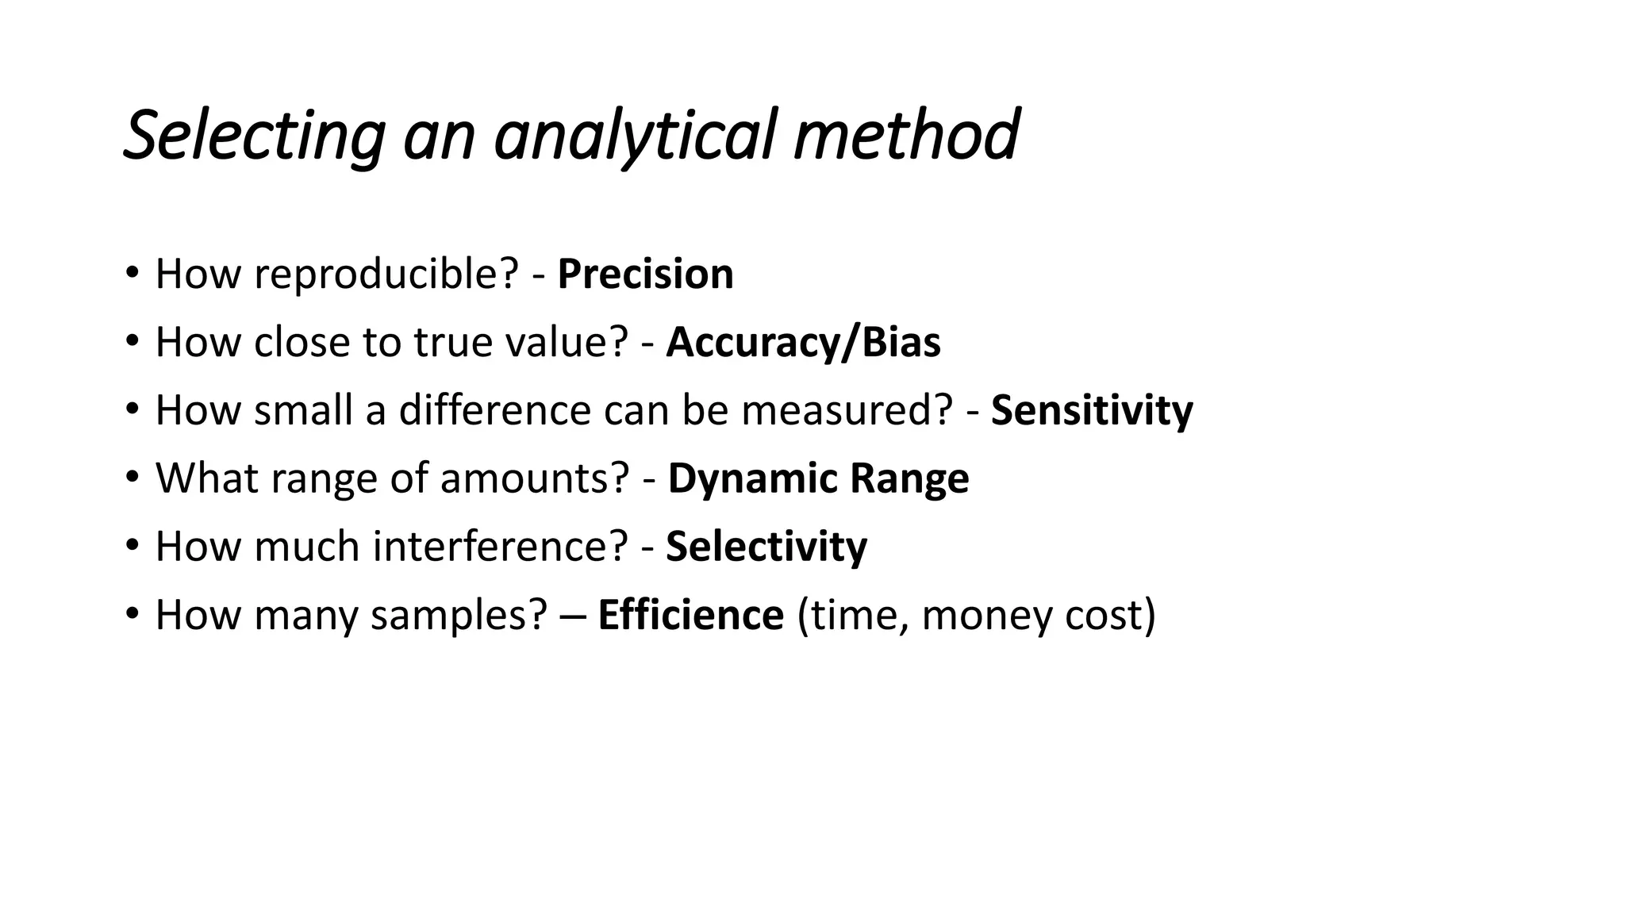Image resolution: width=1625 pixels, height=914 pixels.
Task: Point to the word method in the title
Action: coord(906,135)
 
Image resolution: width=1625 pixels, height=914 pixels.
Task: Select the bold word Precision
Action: coord(645,275)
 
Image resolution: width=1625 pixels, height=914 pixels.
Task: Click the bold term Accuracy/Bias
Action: coord(803,343)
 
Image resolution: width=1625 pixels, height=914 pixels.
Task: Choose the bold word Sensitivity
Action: coord(1092,411)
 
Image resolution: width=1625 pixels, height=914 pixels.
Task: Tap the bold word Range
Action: coord(909,478)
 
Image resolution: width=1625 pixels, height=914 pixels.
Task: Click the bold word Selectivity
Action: coord(766,547)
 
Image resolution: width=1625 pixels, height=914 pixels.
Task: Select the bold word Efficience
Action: coord(690,615)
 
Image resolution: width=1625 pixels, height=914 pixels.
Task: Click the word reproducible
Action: coord(386,275)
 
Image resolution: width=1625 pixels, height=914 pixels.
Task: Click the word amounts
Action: coord(534,478)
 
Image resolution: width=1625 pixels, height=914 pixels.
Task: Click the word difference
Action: coord(494,411)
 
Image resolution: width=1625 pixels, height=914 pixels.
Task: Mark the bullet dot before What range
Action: coord(132,477)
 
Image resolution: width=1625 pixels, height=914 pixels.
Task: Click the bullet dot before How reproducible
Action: coord(132,273)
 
